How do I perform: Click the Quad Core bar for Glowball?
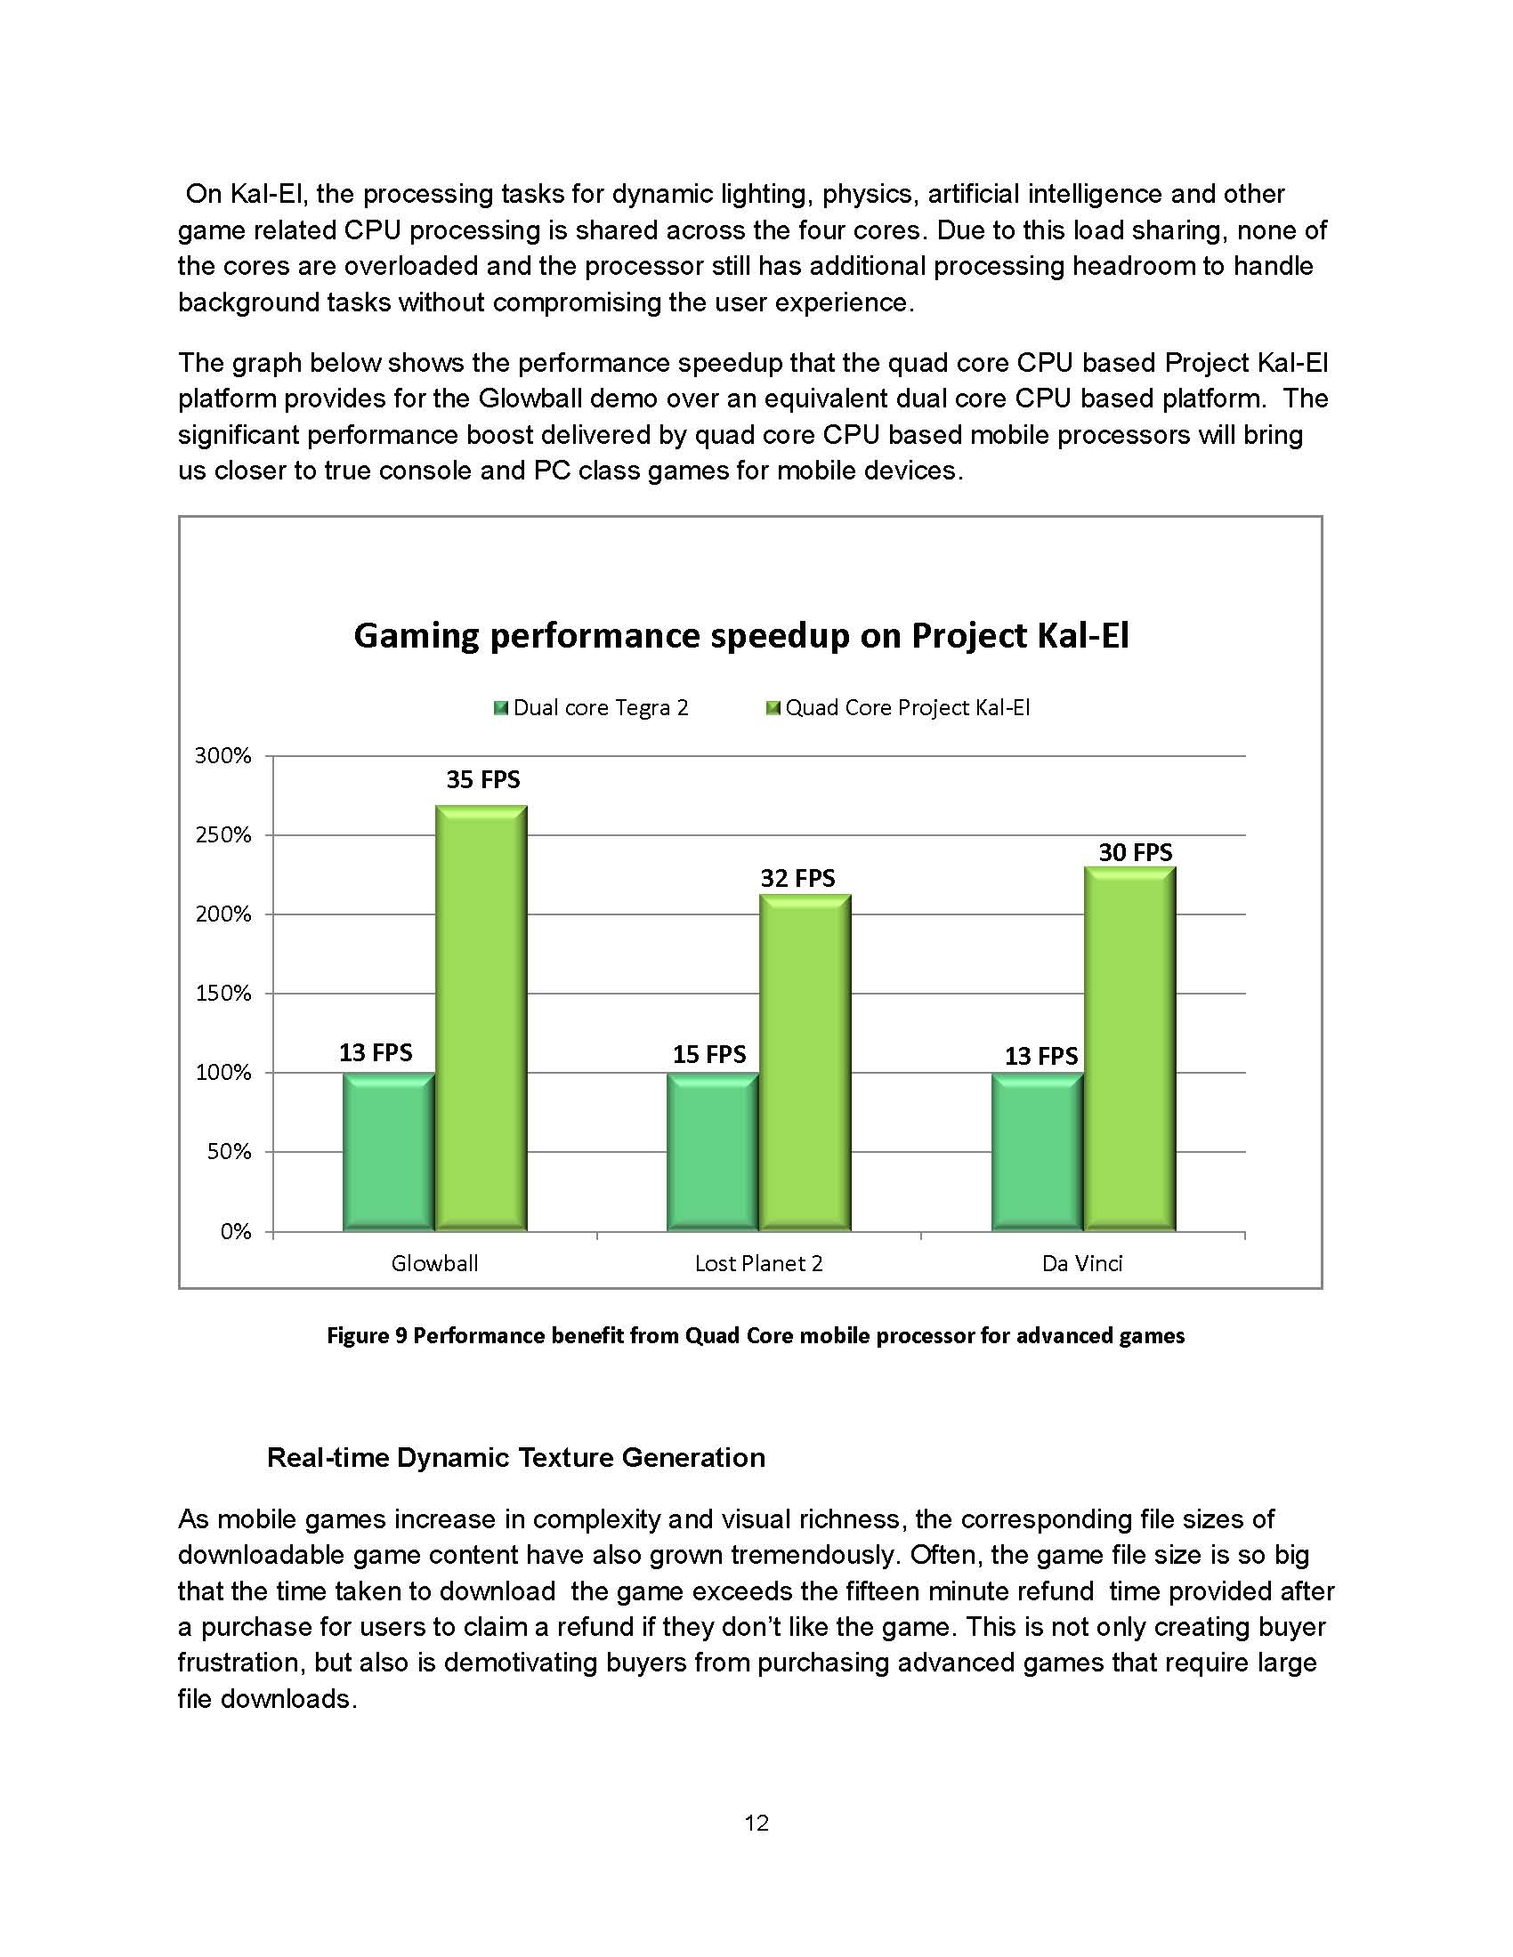click(x=481, y=1018)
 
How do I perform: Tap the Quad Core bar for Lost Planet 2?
click(x=805, y=1063)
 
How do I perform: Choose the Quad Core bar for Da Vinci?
click(x=1129, y=1049)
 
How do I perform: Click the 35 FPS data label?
click(x=483, y=779)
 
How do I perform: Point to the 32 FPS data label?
click(x=797, y=878)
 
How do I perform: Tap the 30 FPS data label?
click(x=1135, y=852)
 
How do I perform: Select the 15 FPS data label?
click(x=709, y=1054)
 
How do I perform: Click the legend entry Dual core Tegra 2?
click(x=600, y=708)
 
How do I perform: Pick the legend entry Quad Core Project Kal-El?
click(x=906, y=708)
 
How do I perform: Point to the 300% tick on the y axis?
click(x=223, y=755)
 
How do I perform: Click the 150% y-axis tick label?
click(x=223, y=993)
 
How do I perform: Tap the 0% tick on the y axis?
click(x=235, y=1231)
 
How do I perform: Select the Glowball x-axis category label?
click(x=434, y=1263)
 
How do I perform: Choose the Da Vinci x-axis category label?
click(x=1082, y=1263)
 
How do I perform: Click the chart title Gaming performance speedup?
click(x=741, y=635)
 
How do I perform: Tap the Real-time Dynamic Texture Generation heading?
click(x=516, y=1457)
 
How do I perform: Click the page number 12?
click(x=756, y=1823)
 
